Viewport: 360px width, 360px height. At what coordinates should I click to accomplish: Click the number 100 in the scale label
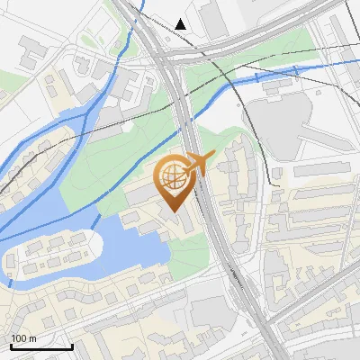(19, 338)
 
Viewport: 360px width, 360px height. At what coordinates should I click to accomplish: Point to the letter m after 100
(32, 338)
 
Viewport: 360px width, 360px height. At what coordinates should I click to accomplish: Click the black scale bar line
(41, 346)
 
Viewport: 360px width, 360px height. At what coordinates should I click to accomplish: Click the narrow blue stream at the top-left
(108, 90)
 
